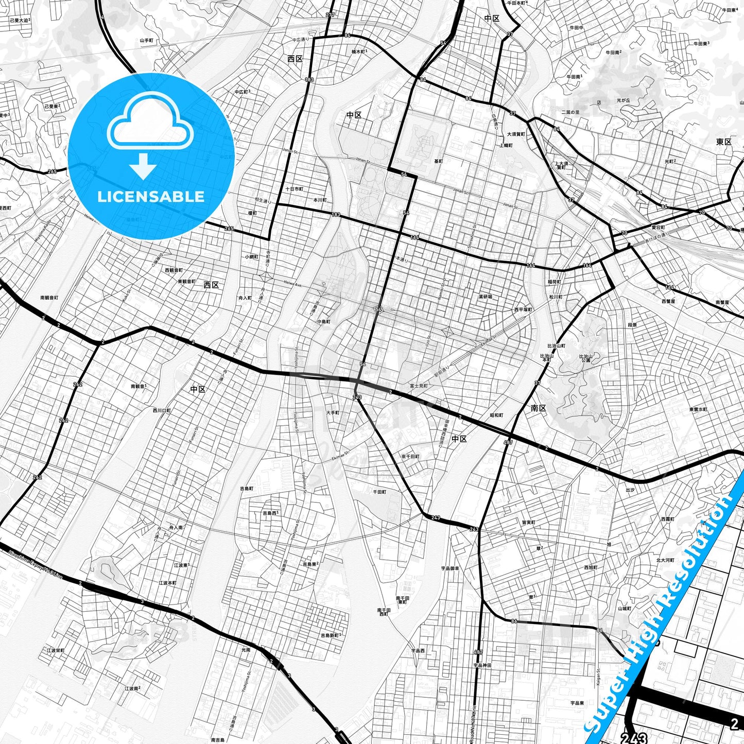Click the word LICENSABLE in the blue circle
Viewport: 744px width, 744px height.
(151, 197)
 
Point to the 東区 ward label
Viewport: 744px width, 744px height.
(723, 142)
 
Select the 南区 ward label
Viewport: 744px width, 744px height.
(538, 408)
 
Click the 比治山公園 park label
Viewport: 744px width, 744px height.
(586, 358)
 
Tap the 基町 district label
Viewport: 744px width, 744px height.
(438, 161)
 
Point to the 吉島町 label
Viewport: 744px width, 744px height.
(247, 488)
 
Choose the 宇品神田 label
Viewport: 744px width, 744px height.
(482, 665)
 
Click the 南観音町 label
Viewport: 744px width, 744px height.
(49, 298)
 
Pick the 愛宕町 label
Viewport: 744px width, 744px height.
(658, 227)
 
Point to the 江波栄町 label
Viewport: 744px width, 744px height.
(56, 650)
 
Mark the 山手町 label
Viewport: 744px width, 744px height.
(147, 40)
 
